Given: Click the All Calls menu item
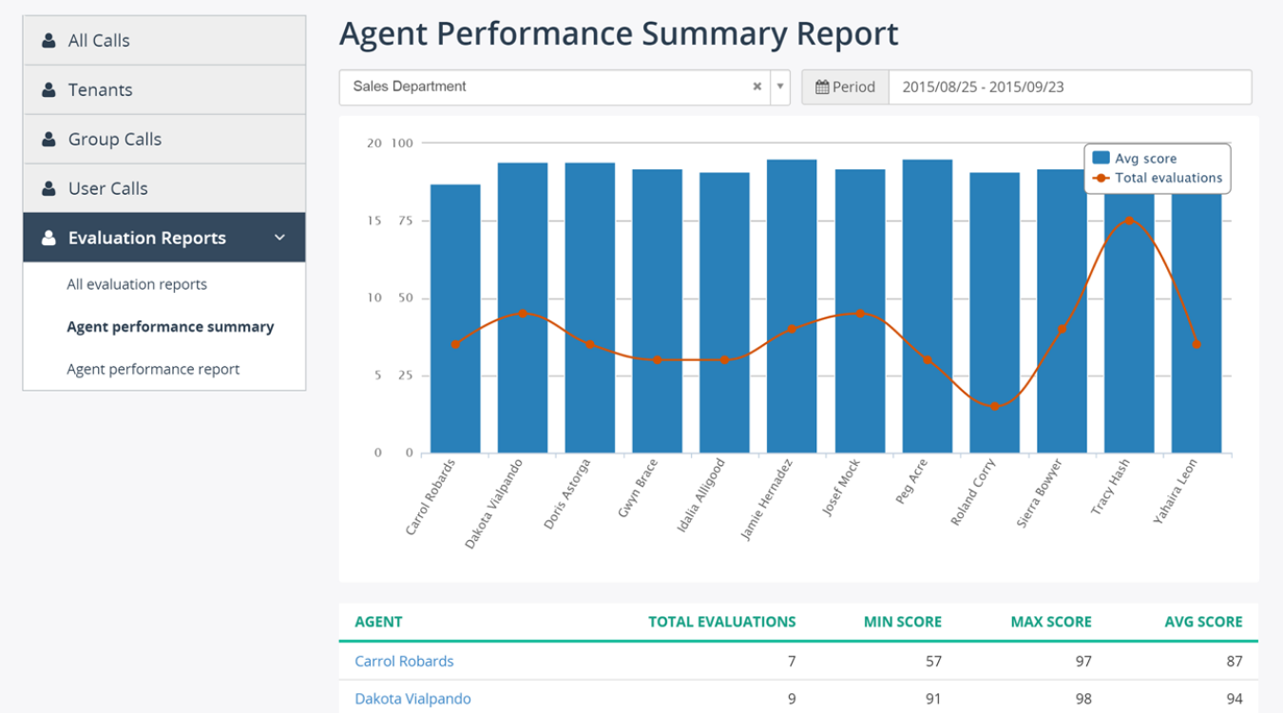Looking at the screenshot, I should point(99,41).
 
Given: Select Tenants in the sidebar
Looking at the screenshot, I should point(100,90).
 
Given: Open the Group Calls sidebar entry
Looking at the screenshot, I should point(114,140).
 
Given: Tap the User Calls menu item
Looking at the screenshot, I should point(107,189).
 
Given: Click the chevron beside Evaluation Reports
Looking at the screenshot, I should point(279,238).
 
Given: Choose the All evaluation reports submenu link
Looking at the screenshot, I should point(137,284).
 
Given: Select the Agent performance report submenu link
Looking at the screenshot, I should point(153,369).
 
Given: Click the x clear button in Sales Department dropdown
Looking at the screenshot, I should point(757,87).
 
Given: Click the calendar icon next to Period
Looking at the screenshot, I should point(822,87).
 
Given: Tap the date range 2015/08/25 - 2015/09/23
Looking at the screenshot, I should point(983,87).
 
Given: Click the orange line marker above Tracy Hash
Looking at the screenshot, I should point(1129,221).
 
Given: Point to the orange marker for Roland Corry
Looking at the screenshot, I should point(995,406).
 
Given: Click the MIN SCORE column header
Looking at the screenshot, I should point(902,622).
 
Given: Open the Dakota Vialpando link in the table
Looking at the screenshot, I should point(412,699).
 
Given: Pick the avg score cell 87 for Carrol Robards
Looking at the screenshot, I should point(1233,661).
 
